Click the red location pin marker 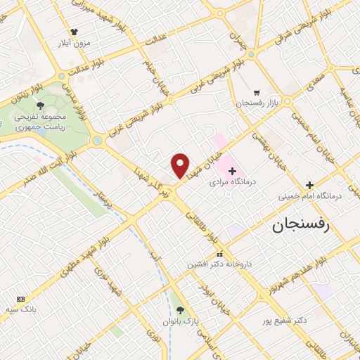tap(181, 165)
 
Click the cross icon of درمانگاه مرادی tap(233, 171)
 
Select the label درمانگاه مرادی tap(233, 182)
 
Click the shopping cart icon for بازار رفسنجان tap(257, 91)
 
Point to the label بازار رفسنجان tap(257, 103)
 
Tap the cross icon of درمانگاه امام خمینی tap(330, 185)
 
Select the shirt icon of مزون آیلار tap(74, 31)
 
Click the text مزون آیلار tap(74, 42)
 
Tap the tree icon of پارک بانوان tap(181, 309)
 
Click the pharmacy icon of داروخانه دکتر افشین tap(219, 253)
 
